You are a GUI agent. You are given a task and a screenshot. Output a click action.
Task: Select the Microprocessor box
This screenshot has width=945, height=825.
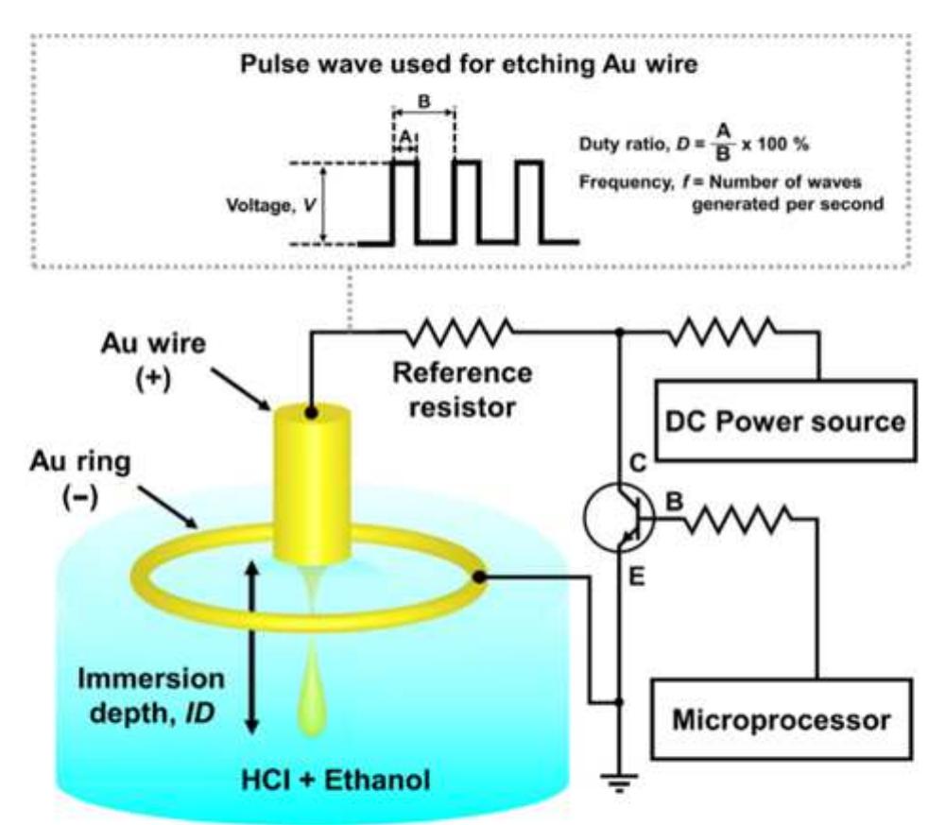tap(781, 721)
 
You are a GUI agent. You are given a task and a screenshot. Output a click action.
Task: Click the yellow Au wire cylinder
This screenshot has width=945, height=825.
tap(311, 482)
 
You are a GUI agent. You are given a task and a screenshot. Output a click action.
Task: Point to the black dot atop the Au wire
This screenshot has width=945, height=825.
tap(311, 412)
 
